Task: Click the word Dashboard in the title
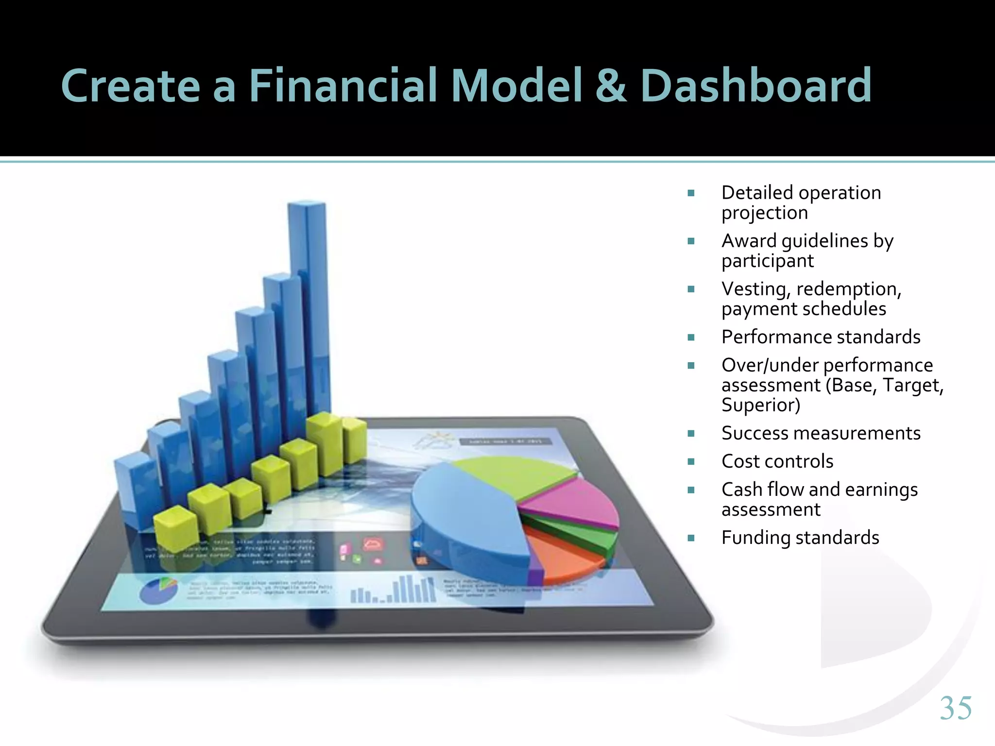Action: click(x=756, y=86)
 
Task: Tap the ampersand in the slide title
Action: click(x=611, y=86)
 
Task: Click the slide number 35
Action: click(x=956, y=708)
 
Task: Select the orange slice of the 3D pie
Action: click(x=564, y=559)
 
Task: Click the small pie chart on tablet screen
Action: click(x=158, y=590)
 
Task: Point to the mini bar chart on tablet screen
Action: click(x=394, y=590)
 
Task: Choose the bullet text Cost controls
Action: click(x=777, y=461)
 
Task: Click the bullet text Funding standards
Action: click(x=800, y=538)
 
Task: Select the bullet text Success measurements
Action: click(x=821, y=433)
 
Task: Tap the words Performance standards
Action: click(x=821, y=337)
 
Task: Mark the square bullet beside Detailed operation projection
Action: click(x=691, y=193)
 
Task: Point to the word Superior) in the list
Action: click(x=761, y=405)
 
